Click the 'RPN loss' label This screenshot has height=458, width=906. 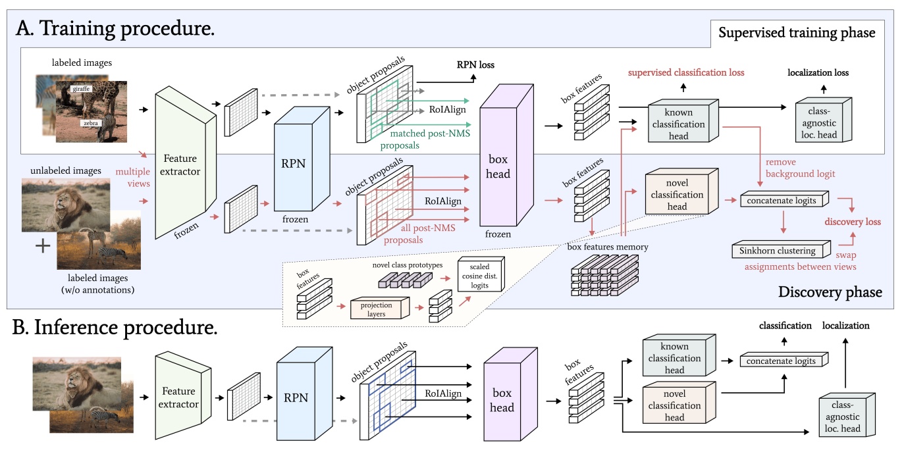pos(475,64)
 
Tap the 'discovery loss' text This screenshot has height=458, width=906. pos(852,222)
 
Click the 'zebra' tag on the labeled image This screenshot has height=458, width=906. pos(91,122)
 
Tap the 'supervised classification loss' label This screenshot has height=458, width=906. pos(685,72)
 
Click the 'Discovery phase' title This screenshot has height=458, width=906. pos(829,291)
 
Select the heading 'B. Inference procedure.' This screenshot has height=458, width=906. pos(115,326)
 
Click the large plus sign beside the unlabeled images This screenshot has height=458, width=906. pos(43,247)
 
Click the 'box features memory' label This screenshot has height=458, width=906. pos(608,247)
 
